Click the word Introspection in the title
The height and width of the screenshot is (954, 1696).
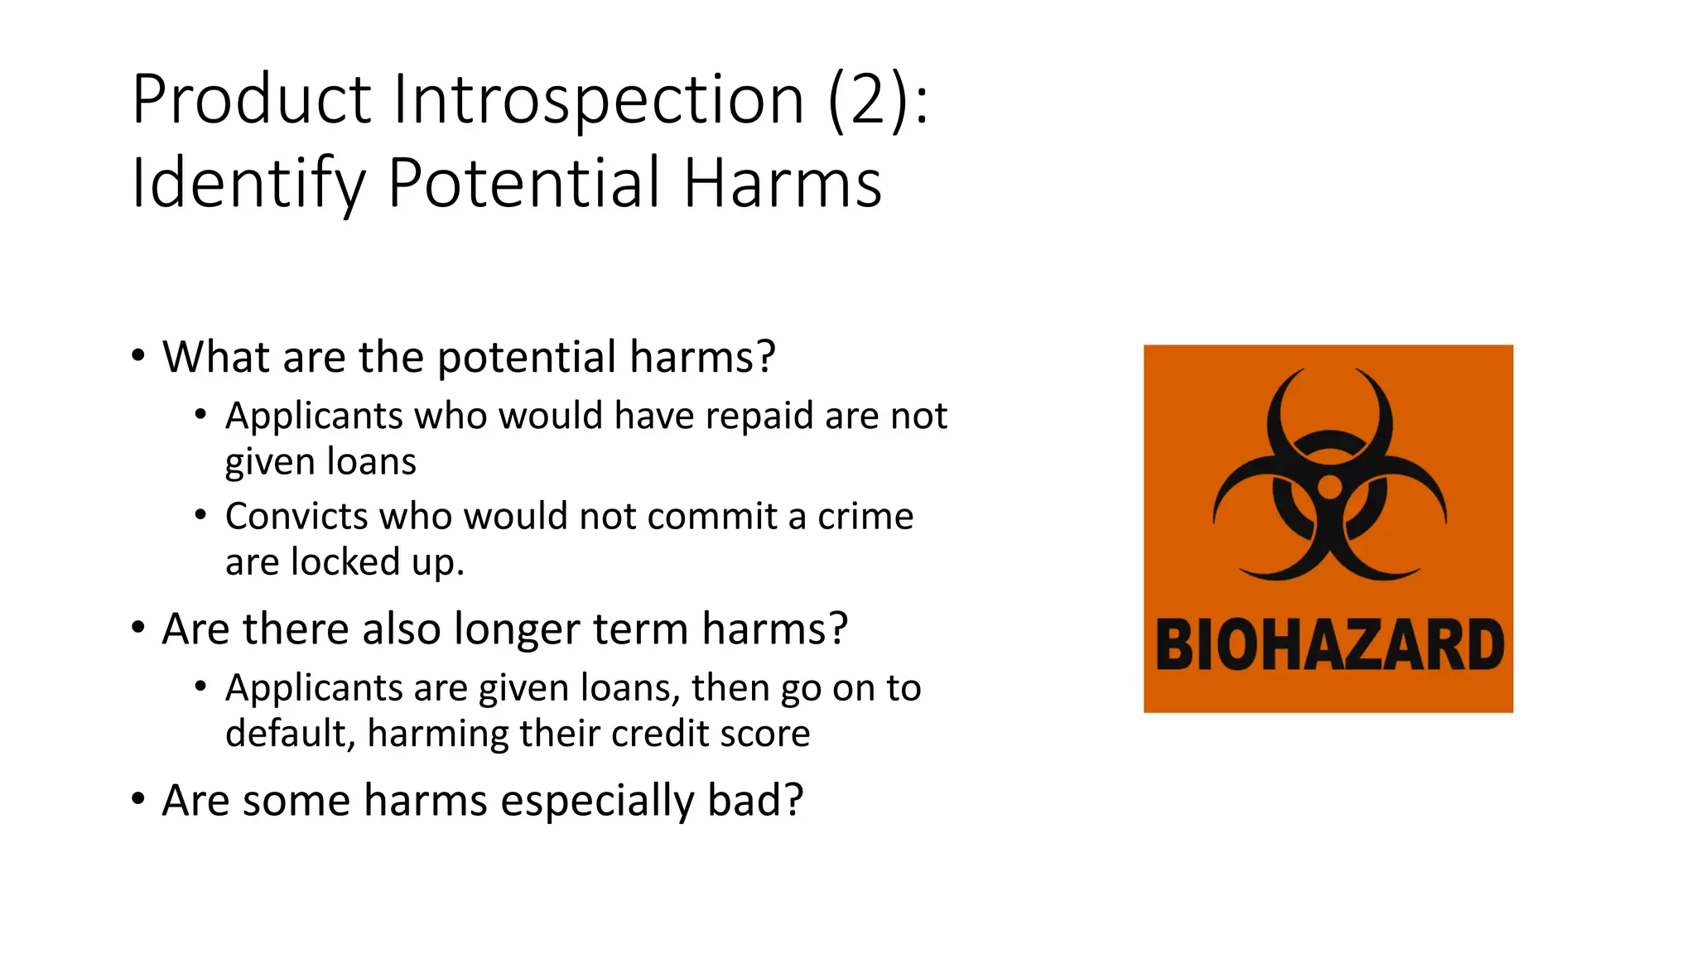point(598,101)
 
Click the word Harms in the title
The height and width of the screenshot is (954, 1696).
point(783,184)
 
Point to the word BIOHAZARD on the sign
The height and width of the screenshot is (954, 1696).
point(1328,645)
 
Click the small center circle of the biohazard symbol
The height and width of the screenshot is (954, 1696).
point(1329,486)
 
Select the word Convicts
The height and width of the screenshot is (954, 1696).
point(296,517)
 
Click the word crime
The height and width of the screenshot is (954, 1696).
point(865,517)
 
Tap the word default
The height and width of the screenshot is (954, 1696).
point(286,735)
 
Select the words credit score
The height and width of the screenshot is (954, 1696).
point(711,735)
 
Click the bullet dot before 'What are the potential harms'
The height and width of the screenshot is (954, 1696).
point(138,357)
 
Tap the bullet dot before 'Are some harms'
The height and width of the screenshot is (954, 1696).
point(138,800)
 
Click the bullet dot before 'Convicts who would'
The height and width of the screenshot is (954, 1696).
point(200,515)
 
